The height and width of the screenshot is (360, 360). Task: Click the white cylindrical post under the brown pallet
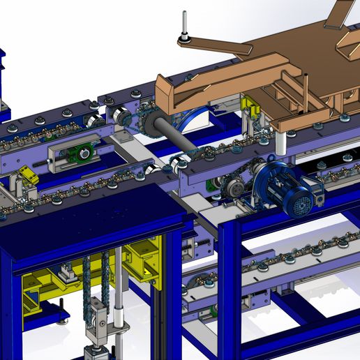tap(281, 144)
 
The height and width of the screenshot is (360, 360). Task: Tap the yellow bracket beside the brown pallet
tap(249, 108)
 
